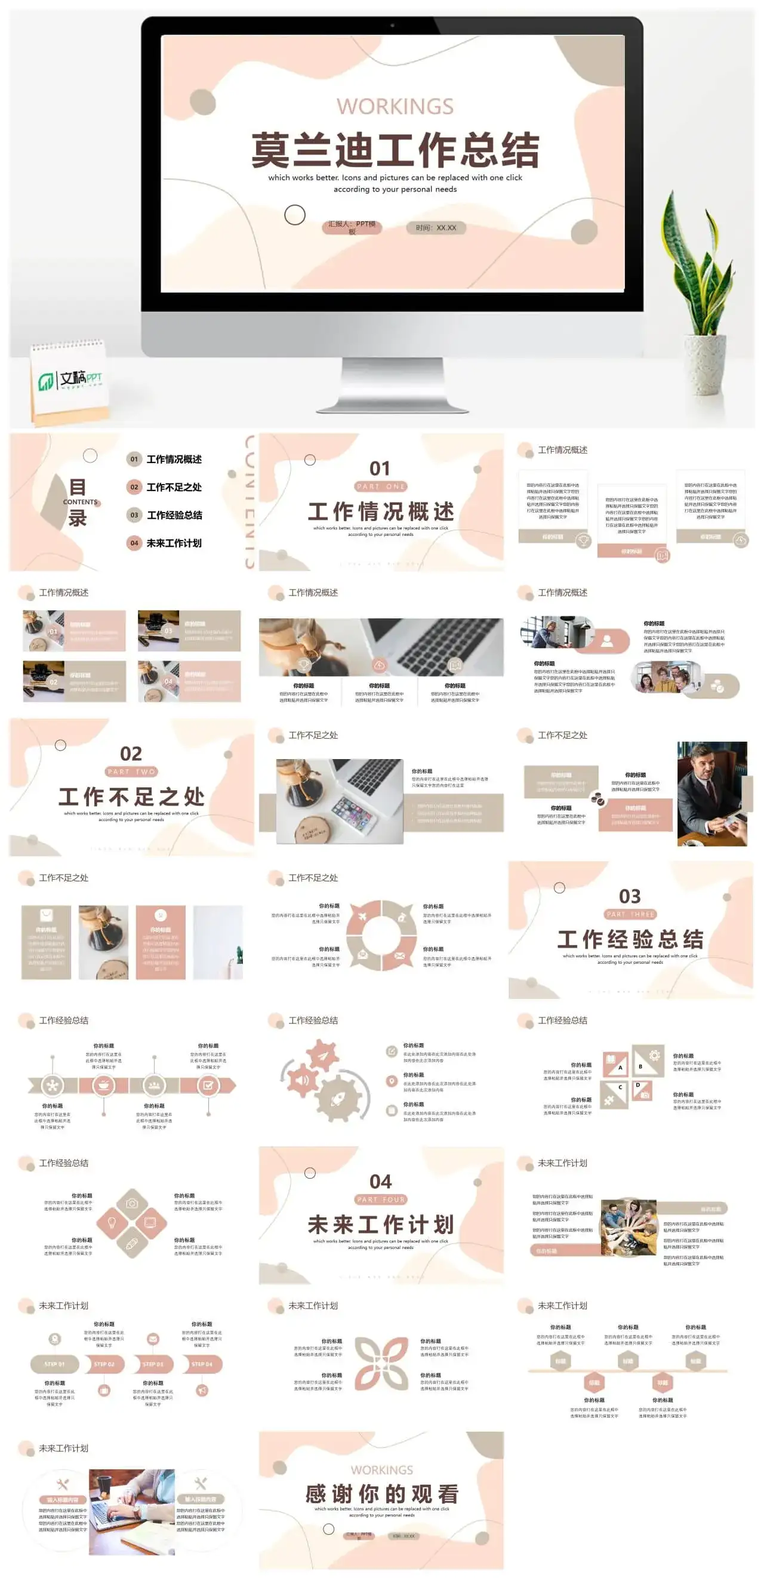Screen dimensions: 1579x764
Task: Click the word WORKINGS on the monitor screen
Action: [x=395, y=107]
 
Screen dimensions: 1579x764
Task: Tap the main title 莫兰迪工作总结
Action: [x=395, y=150]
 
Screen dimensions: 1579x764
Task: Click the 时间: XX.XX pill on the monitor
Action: [x=436, y=228]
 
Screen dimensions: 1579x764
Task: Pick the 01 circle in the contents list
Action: [x=134, y=459]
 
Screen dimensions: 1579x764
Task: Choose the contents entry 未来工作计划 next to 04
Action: [x=174, y=543]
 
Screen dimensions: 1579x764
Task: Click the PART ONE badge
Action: [x=380, y=486]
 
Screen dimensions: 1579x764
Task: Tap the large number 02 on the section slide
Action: [x=131, y=753]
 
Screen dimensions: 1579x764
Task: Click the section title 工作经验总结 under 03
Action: [x=630, y=939]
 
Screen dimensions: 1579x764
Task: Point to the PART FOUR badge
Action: [x=380, y=1199]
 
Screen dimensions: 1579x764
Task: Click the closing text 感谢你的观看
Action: [x=381, y=1493]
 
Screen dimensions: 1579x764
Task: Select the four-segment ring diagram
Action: [x=381, y=935]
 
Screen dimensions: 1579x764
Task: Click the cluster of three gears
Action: [x=325, y=1083]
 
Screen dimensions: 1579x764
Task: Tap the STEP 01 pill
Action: [x=54, y=1364]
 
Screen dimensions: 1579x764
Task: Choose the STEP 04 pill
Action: [x=202, y=1364]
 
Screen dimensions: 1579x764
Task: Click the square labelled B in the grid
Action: [x=648, y=1061]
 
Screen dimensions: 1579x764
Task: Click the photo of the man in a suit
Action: [x=711, y=794]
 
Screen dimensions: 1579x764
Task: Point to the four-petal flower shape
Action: [x=381, y=1364]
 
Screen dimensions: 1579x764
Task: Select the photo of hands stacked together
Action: [x=628, y=1227]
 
